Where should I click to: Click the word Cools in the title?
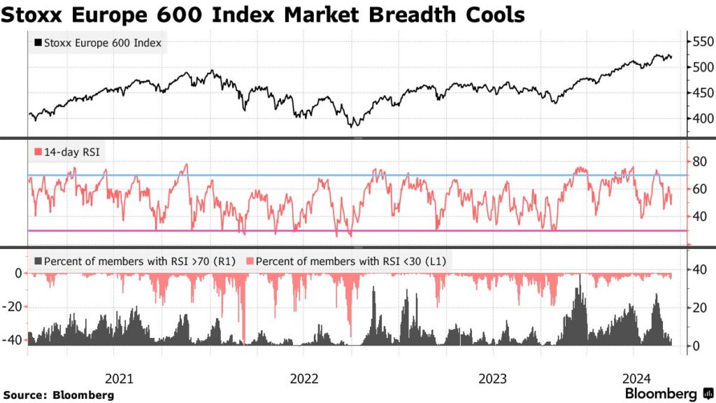[x=489, y=14]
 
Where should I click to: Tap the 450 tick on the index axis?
[x=701, y=92]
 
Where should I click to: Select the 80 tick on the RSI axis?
[x=698, y=162]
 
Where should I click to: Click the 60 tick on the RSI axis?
[x=698, y=189]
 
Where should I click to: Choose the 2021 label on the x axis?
[x=120, y=379]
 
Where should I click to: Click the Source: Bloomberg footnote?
[x=58, y=395]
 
